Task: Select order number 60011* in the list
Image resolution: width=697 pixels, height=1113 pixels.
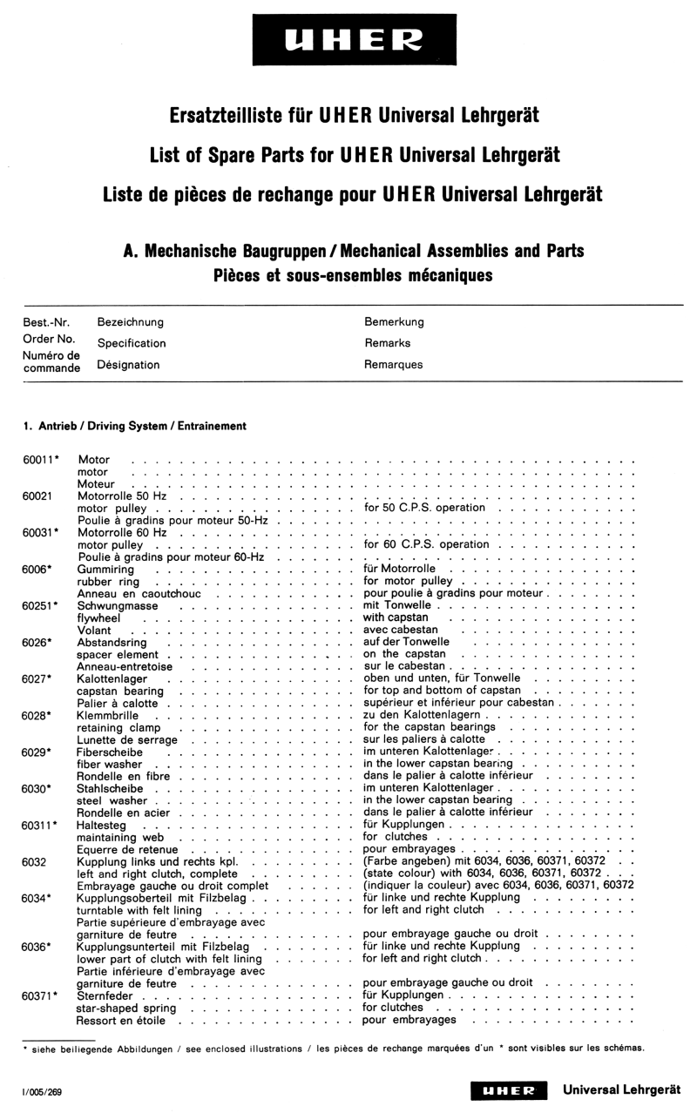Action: pos(41,459)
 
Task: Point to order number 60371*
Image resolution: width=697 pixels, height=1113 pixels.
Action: pos(41,995)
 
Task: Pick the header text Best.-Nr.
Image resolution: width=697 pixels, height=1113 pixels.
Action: pos(46,322)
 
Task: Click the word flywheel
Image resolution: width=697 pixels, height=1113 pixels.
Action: pos(100,617)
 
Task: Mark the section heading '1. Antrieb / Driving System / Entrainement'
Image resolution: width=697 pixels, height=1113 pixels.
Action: pos(135,426)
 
